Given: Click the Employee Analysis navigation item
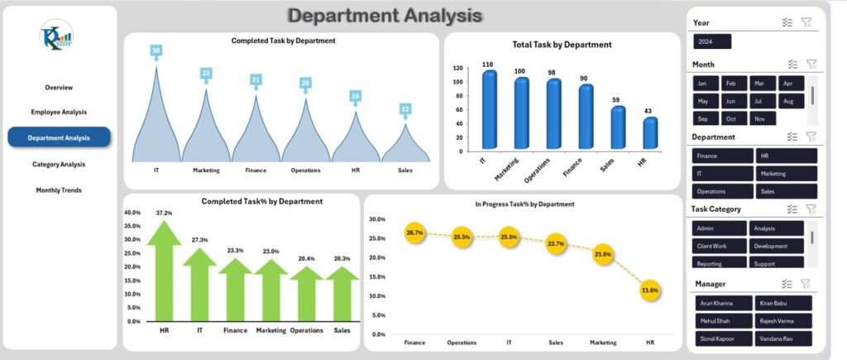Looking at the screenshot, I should click(59, 112).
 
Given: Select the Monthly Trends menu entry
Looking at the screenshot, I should click(59, 190).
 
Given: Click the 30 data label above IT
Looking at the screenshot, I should click(156, 51).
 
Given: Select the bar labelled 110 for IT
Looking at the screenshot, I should click(490, 110).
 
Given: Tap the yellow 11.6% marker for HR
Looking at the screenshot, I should click(650, 290).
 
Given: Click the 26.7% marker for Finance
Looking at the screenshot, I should click(414, 233).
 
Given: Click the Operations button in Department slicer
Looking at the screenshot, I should click(721, 191).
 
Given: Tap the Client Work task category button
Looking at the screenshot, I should click(717, 246).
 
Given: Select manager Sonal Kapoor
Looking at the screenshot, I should click(723, 338).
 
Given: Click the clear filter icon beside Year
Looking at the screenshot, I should click(806, 23).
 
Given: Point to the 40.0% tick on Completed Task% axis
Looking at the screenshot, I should click(132, 213).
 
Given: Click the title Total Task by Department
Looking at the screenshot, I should click(562, 45).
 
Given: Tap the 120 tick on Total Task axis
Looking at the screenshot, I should click(457, 68).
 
